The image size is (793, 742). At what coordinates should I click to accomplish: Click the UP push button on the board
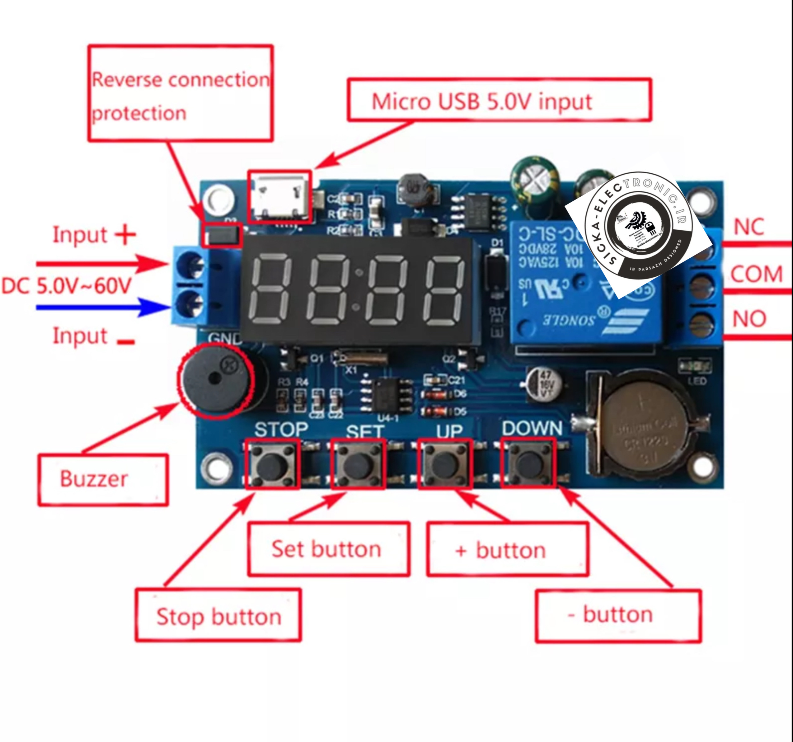(x=445, y=463)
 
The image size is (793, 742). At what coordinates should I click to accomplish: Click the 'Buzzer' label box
(x=103, y=480)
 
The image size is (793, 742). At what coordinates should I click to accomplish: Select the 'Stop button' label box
(x=218, y=616)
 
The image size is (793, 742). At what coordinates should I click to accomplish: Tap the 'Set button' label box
(x=328, y=549)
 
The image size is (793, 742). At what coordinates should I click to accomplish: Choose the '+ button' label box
(x=507, y=550)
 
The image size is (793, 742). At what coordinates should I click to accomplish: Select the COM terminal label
(x=756, y=275)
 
